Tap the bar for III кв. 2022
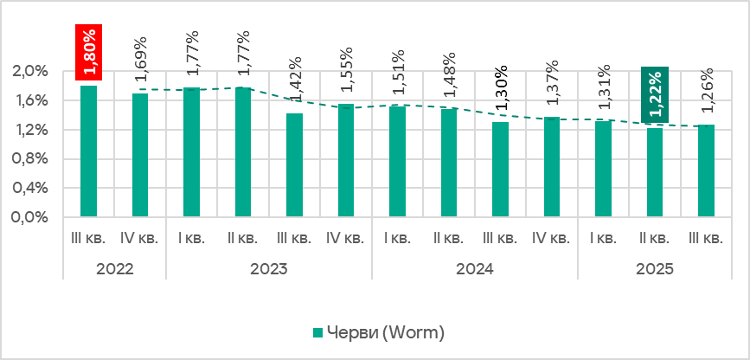(x=88, y=151)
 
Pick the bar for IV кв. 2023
(x=346, y=160)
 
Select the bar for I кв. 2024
(x=397, y=162)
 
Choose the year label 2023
(x=268, y=269)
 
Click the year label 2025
(x=655, y=269)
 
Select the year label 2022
(x=114, y=269)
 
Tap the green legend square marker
(x=317, y=332)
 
